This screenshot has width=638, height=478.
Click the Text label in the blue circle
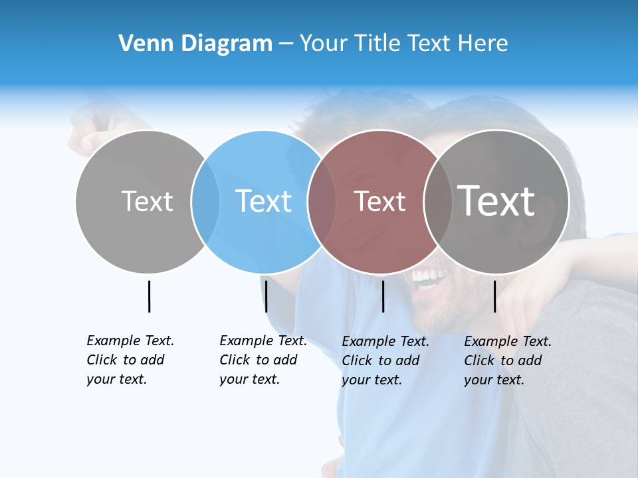click(264, 201)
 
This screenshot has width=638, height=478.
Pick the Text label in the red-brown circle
click(379, 201)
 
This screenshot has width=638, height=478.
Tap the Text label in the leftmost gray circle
click(147, 201)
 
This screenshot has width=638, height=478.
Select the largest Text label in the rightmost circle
click(496, 200)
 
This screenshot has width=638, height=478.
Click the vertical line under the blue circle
click(266, 296)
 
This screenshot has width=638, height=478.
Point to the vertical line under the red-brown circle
click(383, 296)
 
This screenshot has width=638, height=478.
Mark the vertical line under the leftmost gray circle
click(149, 296)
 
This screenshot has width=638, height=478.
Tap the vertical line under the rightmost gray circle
click(494, 296)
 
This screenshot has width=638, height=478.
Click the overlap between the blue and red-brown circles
click(322, 202)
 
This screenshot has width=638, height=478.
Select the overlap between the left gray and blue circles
click(205, 202)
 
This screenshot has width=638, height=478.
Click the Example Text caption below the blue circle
click(263, 360)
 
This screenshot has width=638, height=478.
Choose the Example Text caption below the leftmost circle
click(130, 360)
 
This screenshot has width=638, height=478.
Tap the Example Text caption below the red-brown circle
click(385, 360)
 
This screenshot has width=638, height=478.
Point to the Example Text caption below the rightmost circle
click(507, 360)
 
